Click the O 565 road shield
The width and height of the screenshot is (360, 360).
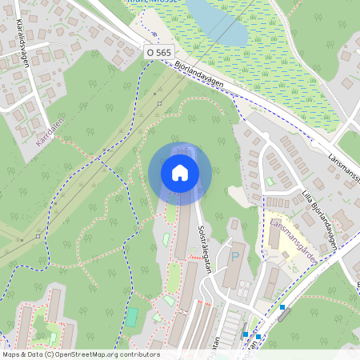(x=159, y=51)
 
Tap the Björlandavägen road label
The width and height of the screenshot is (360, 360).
(x=197, y=74)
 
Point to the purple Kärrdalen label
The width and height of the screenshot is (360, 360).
(x=49, y=134)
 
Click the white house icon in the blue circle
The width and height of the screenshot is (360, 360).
(x=180, y=173)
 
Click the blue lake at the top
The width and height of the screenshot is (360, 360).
(x=216, y=21)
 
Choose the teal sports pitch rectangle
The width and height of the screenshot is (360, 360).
(x=132, y=317)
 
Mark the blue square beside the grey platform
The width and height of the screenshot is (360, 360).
(x=282, y=306)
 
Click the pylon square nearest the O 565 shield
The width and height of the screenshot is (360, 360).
(x=160, y=103)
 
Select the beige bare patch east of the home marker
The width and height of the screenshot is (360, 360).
(x=237, y=194)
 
